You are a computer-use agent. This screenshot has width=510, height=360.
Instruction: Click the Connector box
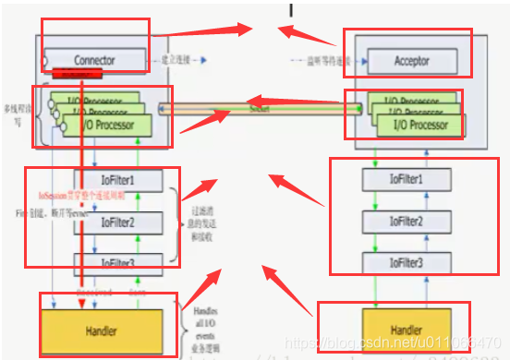[x=93, y=61]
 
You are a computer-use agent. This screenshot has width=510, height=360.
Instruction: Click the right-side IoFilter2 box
[x=407, y=222]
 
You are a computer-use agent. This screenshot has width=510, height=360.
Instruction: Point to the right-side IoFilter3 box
[x=407, y=263]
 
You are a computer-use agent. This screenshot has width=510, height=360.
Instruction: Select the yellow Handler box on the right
[x=407, y=330]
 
